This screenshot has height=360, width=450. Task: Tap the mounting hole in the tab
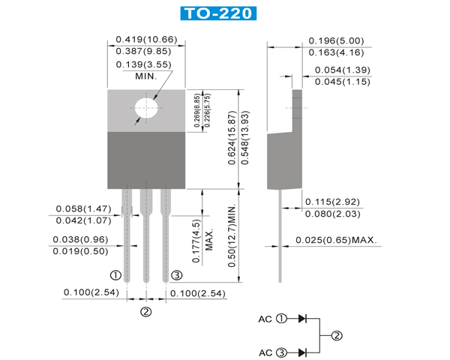tap(147, 108)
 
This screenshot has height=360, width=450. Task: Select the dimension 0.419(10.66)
tap(146, 39)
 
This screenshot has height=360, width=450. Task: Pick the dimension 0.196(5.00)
tap(337, 40)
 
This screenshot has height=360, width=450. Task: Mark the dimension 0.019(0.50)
tap(79, 251)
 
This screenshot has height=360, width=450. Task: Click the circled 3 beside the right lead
tap(177, 274)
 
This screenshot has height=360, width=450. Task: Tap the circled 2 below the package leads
tap(146, 311)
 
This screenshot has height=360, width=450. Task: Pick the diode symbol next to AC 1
tap(302, 318)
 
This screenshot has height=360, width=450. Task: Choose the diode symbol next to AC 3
tap(302, 352)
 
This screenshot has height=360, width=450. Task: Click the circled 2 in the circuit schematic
tap(337, 335)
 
